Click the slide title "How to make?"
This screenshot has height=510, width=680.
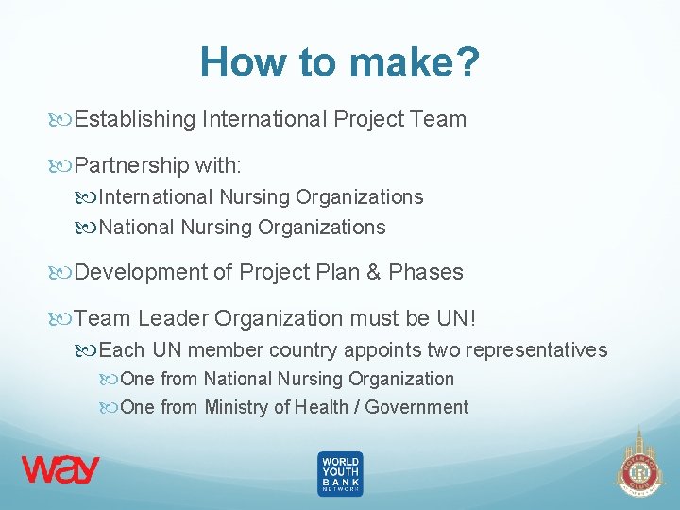[x=340, y=63]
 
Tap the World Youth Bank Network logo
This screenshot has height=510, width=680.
[x=340, y=473]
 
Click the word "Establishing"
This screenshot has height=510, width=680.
[x=135, y=119]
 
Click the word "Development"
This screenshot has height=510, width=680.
[x=141, y=272]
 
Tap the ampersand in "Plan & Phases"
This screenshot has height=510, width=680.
[x=373, y=272]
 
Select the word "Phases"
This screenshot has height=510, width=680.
[x=426, y=272]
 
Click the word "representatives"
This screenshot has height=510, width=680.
[x=535, y=350]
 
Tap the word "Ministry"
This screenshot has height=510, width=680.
[x=236, y=407]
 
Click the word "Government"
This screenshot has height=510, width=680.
[x=416, y=407]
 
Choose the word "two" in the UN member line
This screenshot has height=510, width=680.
[x=444, y=350]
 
